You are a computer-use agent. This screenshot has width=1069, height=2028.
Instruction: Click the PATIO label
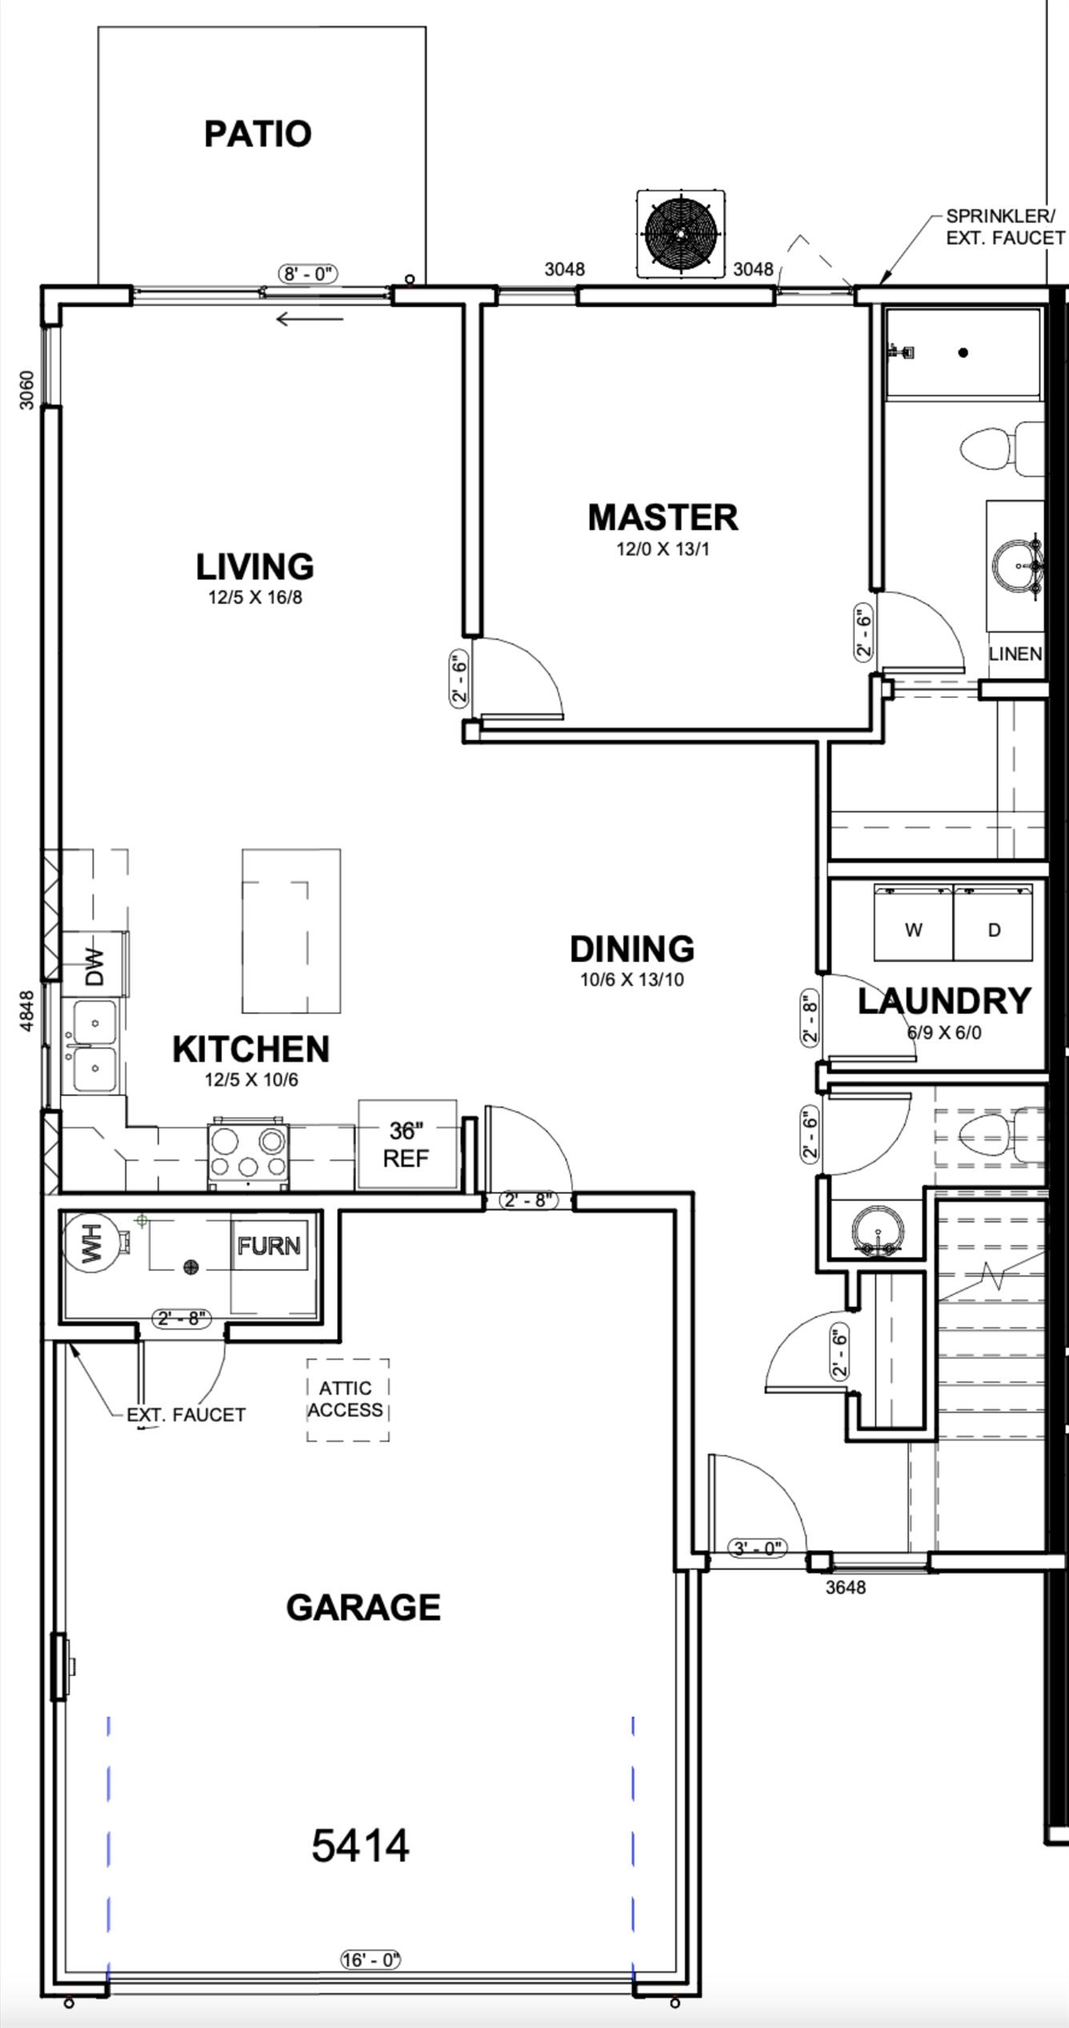click(x=257, y=134)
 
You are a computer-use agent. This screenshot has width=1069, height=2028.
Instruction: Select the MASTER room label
click(x=663, y=518)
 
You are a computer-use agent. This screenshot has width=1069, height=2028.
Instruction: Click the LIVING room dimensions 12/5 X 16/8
click(x=255, y=598)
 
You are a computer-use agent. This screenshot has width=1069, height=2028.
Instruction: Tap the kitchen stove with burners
click(x=248, y=1154)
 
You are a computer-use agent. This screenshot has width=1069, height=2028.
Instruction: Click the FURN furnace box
click(x=269, y=1245)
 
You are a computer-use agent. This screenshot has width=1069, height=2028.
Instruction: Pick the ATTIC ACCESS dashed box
click(x=348, y=1400)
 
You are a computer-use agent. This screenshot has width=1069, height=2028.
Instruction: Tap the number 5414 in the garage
click(x=360, y=1845)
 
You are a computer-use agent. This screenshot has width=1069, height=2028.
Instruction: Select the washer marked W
click(x=913, y=922)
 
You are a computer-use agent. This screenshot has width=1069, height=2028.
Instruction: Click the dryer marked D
click(x=993, y=922)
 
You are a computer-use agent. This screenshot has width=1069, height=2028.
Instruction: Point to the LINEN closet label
click(x=1015, y=654)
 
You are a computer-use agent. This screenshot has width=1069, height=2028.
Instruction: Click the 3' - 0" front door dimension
click(x=756, y=1547)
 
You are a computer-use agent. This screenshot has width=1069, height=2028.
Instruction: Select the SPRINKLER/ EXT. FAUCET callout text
click(x=1006, y=226)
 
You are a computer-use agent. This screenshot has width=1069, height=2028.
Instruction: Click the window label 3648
click(x=845, y=1587)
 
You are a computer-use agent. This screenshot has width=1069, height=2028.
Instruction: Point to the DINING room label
click(x=632, y=949)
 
